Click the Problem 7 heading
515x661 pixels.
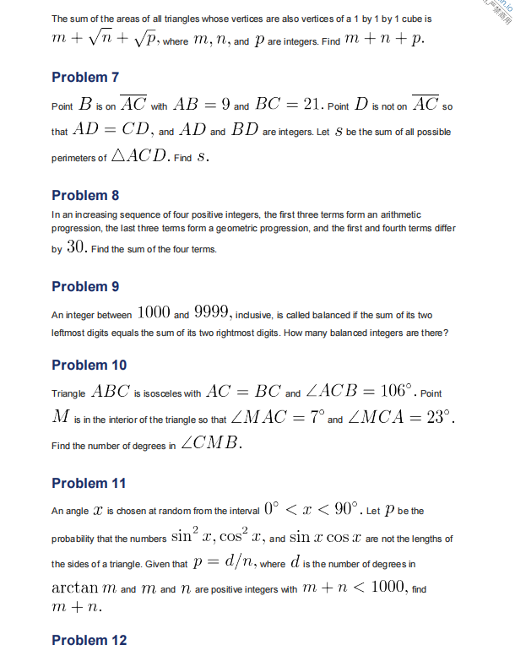(85, 78)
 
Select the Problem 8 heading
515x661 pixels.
(85, 195)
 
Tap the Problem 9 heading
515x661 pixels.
(85, 286)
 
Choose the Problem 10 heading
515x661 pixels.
(89, 365)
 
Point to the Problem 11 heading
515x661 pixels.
(89, 483)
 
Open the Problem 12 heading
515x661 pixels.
(89, 640)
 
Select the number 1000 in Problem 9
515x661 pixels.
(153, 313)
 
